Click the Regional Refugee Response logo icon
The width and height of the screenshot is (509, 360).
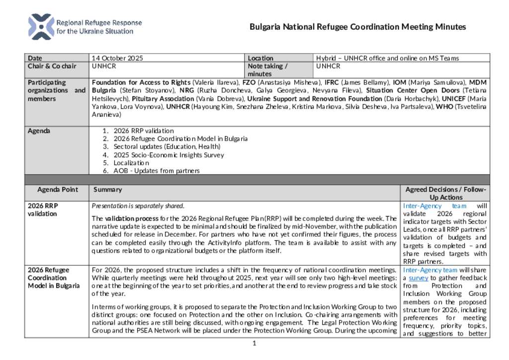click(x=41, y=27)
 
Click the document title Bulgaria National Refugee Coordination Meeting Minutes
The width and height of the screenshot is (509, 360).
click(x=357, y=27)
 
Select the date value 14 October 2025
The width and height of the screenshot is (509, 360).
click(x=117, y=58)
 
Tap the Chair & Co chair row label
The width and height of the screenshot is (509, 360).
click(x=52, y=66)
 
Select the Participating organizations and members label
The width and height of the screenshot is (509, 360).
click(x=56, y=90)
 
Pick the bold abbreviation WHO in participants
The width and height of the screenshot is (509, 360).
click(x=444, y=106)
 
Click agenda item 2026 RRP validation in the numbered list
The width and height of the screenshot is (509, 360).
click(x=144, y=131)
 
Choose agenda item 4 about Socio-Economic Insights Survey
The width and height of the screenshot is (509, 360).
click(x=169, y=155)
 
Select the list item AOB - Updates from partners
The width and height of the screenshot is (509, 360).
click(x=157, y=171)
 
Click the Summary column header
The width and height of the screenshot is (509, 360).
click(x=107, y=189)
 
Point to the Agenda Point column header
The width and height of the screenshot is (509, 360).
click(x=58, y=189)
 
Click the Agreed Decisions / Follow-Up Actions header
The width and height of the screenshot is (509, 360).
click(x=445, y=193)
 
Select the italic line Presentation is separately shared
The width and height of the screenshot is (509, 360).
click(x=138, y=206)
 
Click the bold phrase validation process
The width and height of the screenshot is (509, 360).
click(x=132, y=218)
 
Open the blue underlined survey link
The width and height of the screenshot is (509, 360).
click(x=418, y=278)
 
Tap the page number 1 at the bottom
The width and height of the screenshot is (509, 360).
click(x=254, y=343)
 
